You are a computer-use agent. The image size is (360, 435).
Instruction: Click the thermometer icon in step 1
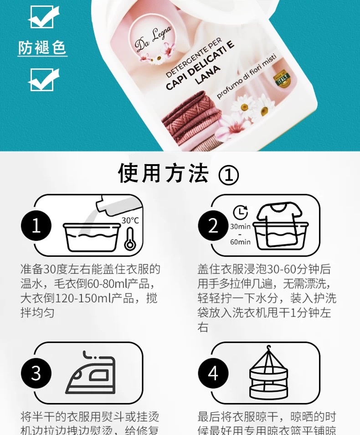pyautogui.click(x=130, y=238)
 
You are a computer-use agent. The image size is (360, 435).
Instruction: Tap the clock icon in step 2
pyautogui.click(x=240, y=212)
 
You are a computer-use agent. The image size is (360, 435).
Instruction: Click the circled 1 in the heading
pyautogui.click(x=229, y=175)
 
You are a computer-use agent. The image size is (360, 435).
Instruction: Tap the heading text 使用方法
pyautogui.click(x=164, y=174)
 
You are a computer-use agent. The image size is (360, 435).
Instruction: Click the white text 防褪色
pyautogui.click(x=42, y=47)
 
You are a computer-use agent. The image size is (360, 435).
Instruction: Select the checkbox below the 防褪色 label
pyautogui.click(x=44, y=80)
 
